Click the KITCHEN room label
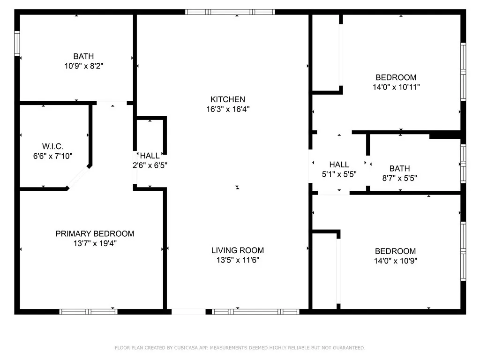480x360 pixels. pos(227,99)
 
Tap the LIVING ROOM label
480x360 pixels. pos(237,250)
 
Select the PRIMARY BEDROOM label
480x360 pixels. pos(95,233)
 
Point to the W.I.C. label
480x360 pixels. pos(52,146)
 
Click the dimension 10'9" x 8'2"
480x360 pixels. pos(83,67)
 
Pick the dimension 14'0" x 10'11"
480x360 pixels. pos(396,87)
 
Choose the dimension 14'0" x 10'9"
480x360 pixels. pos(395,261)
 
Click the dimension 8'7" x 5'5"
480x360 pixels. pos(399,178)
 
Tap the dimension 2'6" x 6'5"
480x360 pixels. pos(150,165)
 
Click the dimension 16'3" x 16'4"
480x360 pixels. pos(227,109)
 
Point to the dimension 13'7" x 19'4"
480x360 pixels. pos(95,243)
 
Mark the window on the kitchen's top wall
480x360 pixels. pos(230,12)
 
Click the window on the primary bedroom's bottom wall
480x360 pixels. pos(88,311)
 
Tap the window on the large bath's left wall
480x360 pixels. pos(17,44)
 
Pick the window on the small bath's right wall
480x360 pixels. pos(463,164)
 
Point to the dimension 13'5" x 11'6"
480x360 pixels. pos(237,260)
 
